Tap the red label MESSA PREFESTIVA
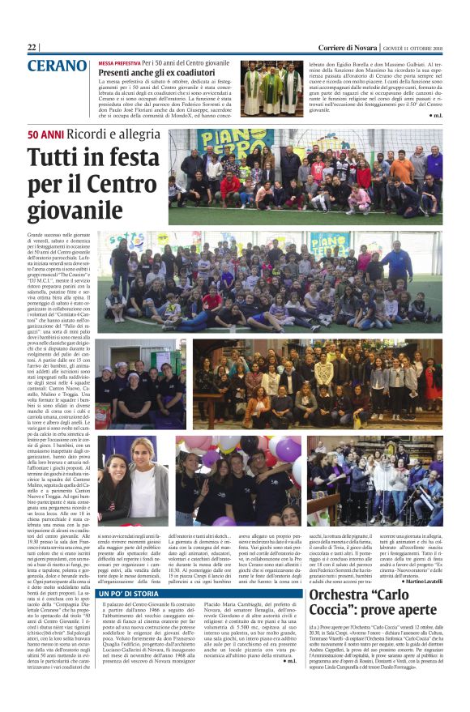(119, 62)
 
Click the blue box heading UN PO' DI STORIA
(134, 594)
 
